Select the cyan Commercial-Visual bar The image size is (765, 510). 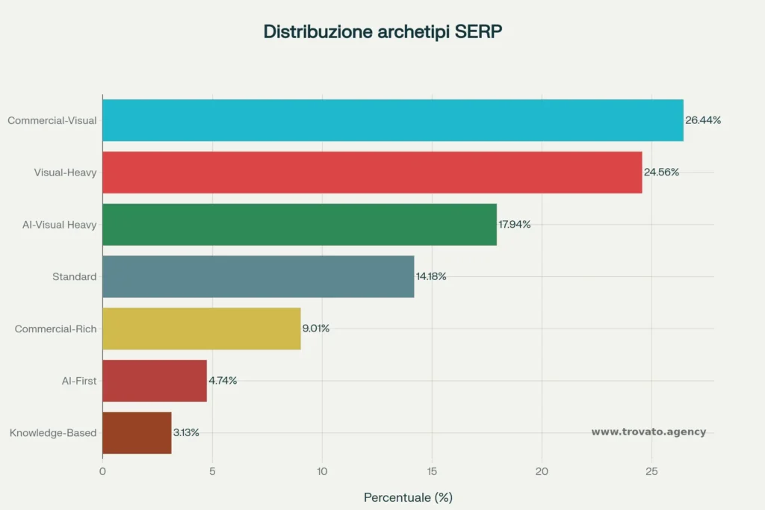coord(392,120)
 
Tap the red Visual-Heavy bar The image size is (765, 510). coord(372,172)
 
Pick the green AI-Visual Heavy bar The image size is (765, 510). coord(299,225)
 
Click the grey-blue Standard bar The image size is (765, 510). coord(258,277)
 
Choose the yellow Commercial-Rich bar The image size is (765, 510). coord(201,329)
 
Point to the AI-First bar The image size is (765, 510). coord(154,381)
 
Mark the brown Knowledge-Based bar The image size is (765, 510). coord(137,433)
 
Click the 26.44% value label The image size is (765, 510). coord(703,120)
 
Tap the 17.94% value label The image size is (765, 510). coord(515,225)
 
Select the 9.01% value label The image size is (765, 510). coord(316,329)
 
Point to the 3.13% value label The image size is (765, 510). coord(186,433)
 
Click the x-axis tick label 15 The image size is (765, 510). coord(433,471)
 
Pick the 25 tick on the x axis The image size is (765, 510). coord(651,471)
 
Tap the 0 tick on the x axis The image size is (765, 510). coord(102,471)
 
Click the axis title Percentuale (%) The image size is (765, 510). coord(408,497)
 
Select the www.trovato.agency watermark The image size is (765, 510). coord(648,432)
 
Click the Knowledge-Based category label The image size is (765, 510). coord(53,433)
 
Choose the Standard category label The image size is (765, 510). coord(75,277)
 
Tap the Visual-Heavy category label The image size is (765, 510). coord(66,172)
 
